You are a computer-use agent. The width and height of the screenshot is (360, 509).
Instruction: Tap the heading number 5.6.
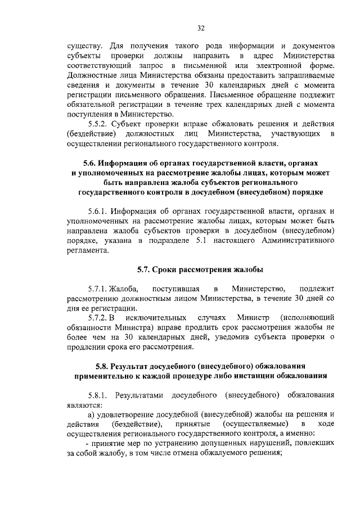pyautogui.click(x=91, y=163)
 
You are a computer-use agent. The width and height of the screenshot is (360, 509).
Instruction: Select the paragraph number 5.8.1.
pyautogui.click(x=99, y=395)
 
